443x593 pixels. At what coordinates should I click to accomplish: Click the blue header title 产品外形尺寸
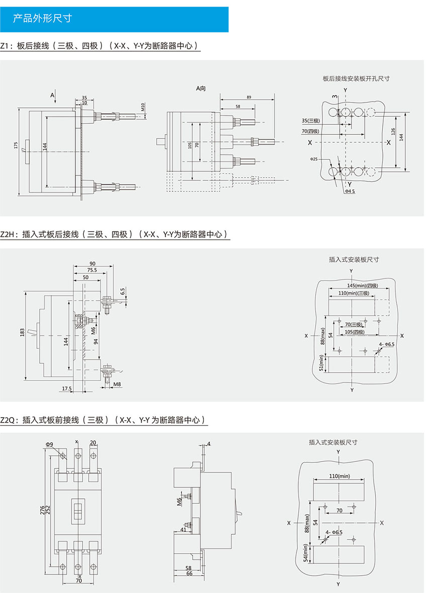coord(42,19)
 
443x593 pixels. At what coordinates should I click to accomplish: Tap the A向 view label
coord(201,89)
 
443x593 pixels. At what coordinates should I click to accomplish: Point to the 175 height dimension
coord(17,146)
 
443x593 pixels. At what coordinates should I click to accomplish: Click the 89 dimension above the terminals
coord(250,96)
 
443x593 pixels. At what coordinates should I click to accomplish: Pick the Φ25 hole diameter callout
coord(314,159)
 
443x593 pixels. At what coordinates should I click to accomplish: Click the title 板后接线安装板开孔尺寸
coord(356,78)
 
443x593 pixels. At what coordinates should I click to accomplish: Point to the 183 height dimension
coord(22,332)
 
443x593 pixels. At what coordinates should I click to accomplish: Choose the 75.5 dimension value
coord(91,270)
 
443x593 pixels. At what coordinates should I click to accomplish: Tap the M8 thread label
coord(117,385)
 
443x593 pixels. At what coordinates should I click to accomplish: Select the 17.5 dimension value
coord(66,388)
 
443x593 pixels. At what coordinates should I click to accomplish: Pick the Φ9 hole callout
coord(49,444)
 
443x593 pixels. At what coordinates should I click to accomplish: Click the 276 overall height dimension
coord(42,510)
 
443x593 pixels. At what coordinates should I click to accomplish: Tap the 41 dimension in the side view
coord(183,529)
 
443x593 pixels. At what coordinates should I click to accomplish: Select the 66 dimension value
coord(189,573)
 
